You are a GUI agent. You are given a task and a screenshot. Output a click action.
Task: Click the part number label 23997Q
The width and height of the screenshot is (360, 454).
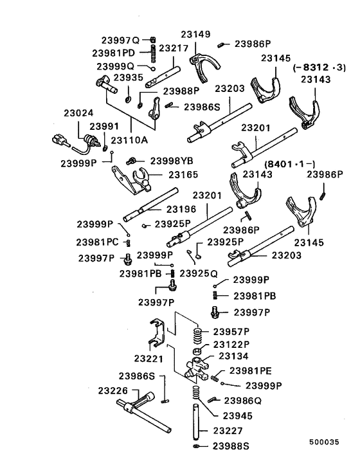pos(120,39)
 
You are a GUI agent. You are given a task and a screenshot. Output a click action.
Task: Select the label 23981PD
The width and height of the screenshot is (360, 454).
pos(120,53)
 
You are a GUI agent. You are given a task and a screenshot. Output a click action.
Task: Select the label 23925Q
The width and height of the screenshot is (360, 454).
pos(198,274)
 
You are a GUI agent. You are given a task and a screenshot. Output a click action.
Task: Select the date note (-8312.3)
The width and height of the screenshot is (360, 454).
pos(319,66)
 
